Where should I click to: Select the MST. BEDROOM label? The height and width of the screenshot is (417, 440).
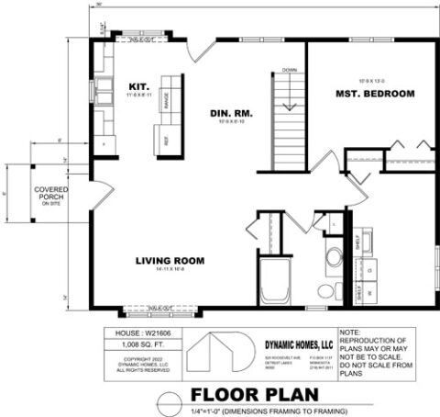pos(375,94)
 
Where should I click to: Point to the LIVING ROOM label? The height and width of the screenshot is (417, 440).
pos(170,260)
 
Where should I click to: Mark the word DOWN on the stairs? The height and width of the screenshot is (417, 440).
pos(289,70)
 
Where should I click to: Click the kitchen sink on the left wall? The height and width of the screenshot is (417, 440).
pos(103,92)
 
